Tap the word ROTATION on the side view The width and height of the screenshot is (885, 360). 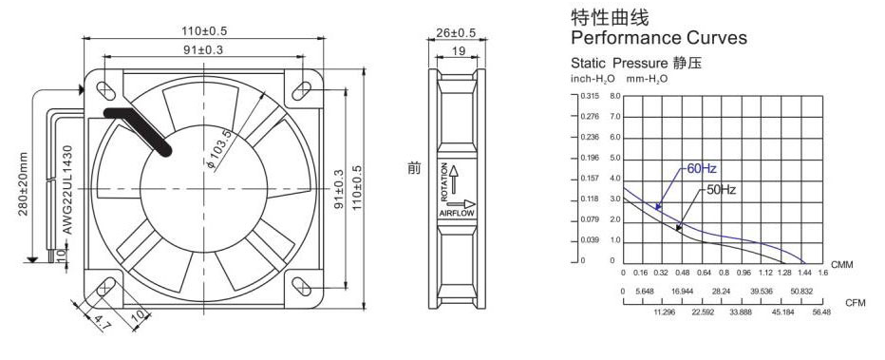point(443,181)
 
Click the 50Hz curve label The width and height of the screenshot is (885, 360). point(721,190)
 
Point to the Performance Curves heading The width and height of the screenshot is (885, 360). point(658,39)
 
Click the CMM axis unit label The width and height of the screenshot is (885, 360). point(841,263)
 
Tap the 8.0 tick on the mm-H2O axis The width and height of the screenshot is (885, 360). point(614,96)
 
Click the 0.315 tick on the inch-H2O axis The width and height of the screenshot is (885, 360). point(589,96)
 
